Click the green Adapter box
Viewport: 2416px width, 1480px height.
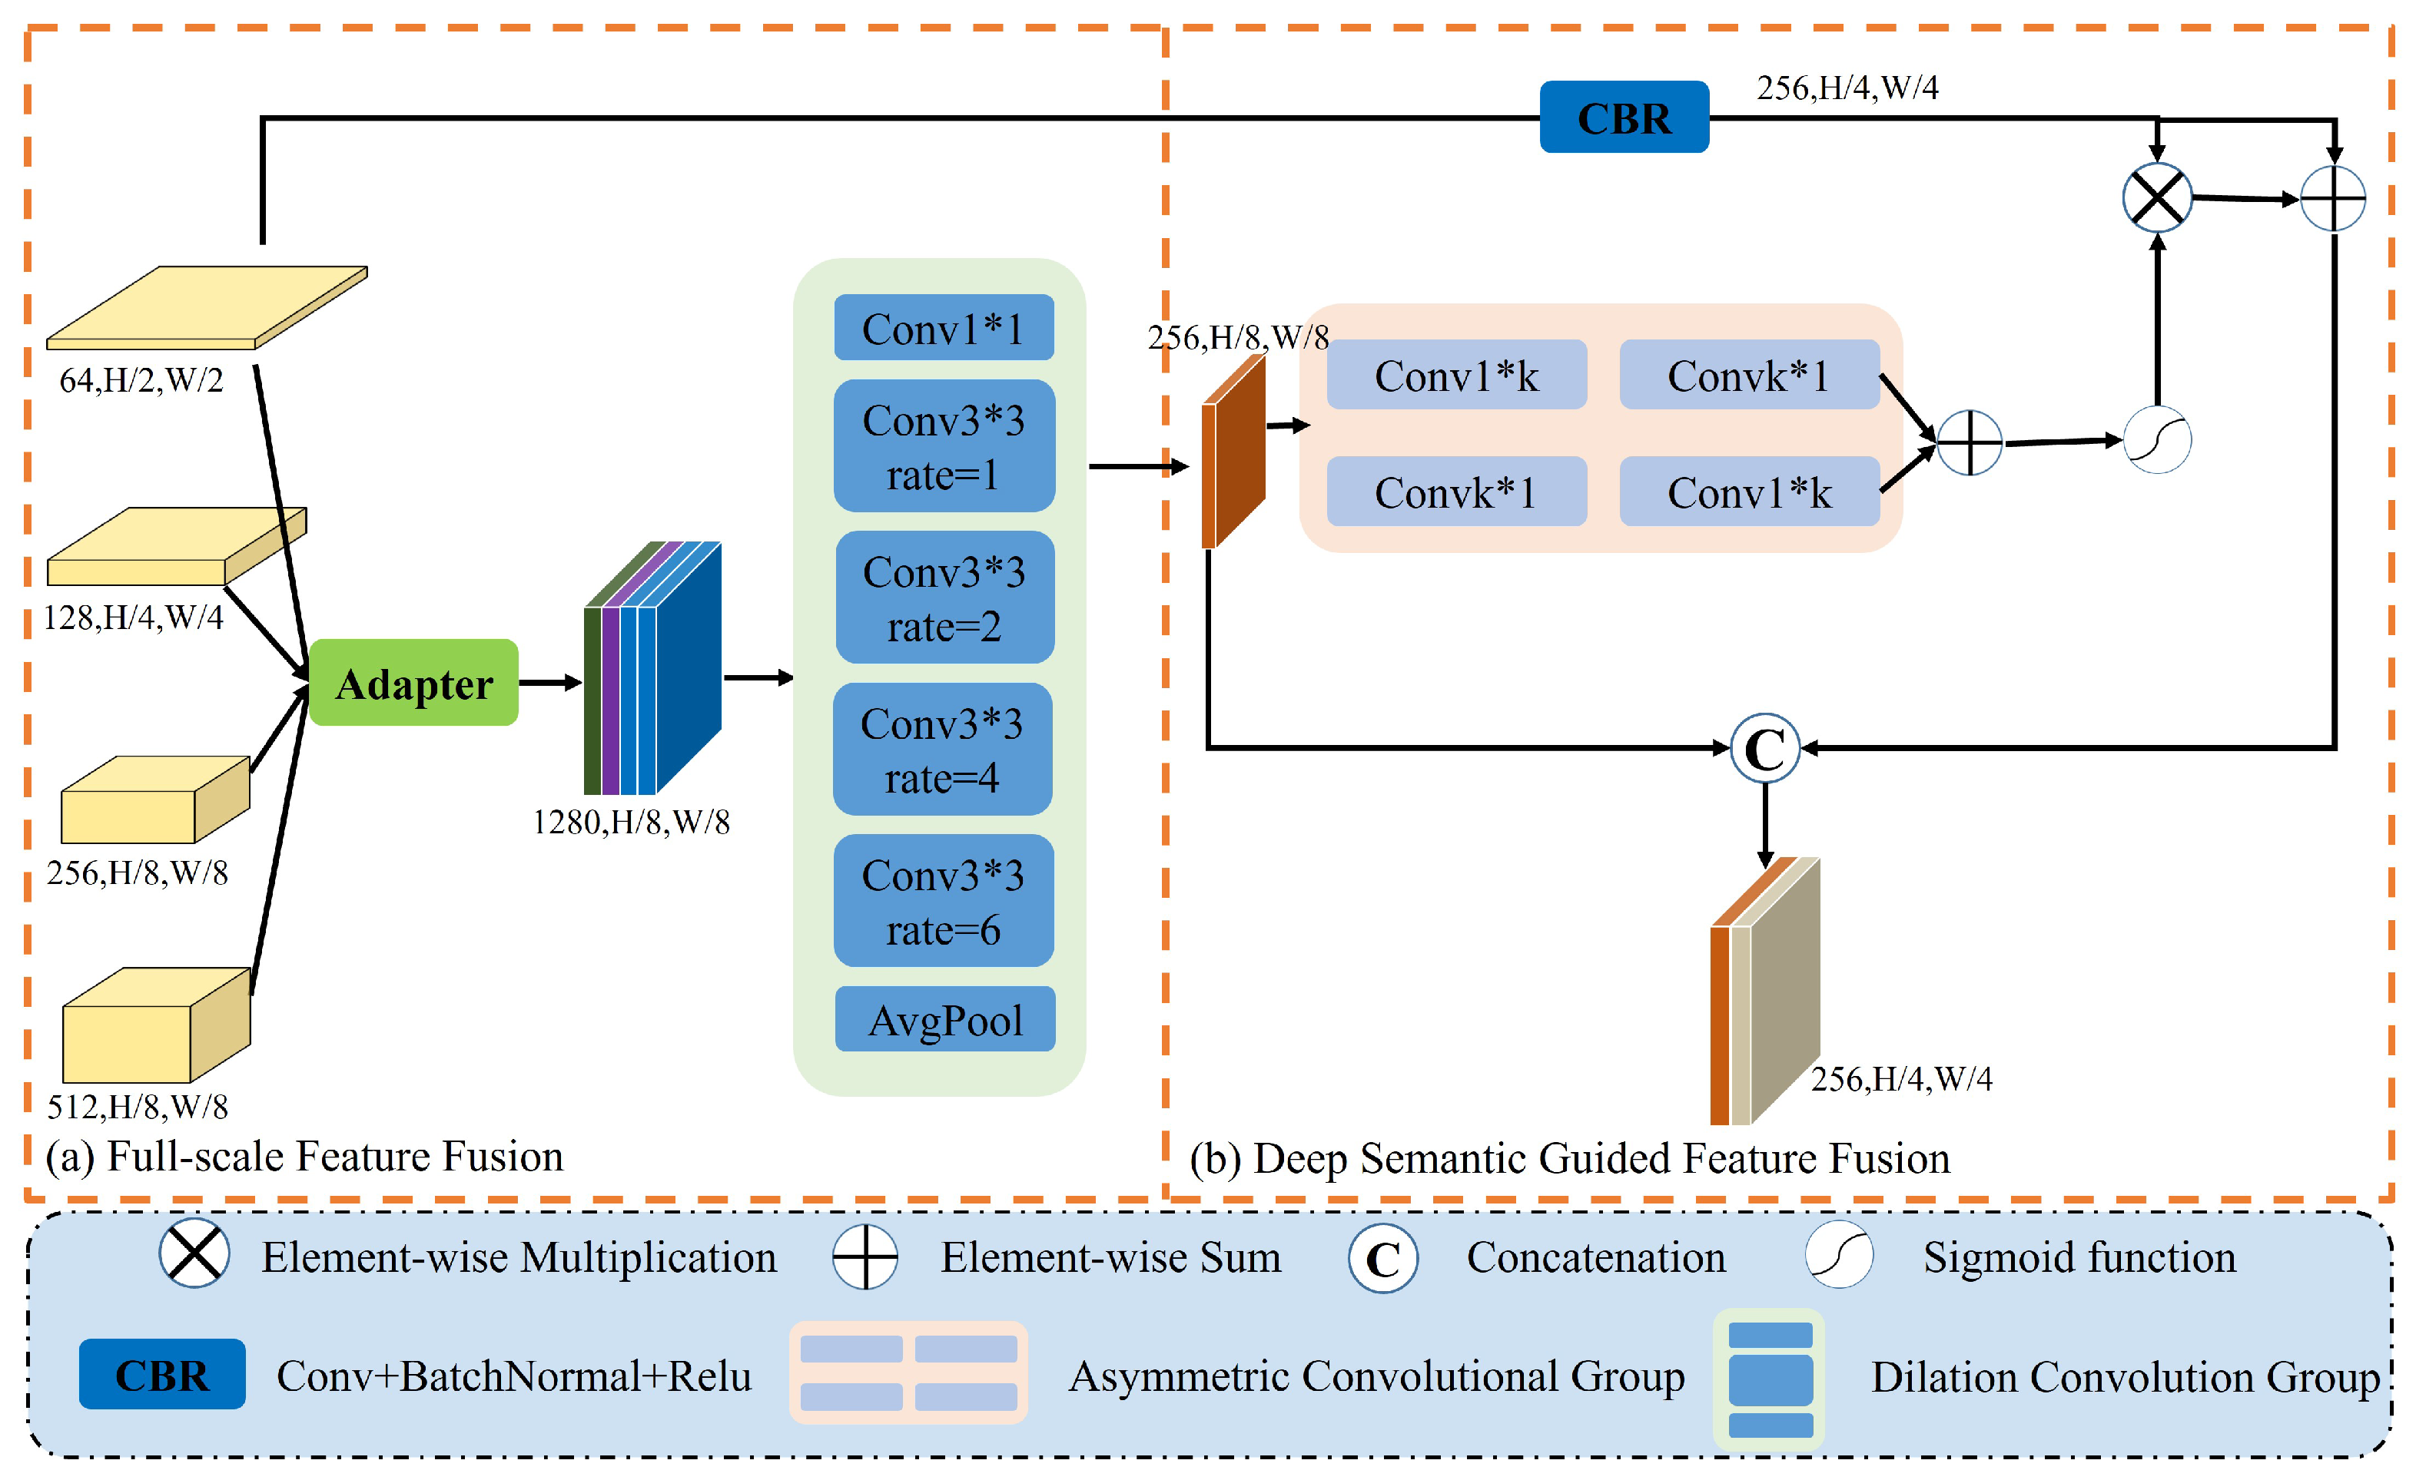tap(413, 683)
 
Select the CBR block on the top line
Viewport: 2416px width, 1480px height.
tap(1624, 118)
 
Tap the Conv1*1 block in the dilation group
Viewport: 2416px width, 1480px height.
tap(943, 329)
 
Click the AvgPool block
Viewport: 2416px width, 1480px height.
tap(944, 1019)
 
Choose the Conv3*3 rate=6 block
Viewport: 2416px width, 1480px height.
tap(942, 901)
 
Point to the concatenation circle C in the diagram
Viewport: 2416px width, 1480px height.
tap(1765, 749)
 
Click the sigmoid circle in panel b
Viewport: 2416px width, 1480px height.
tap(2156, 440)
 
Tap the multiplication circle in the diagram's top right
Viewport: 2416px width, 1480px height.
tap(2156, 198)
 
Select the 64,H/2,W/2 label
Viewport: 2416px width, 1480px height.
tap(141, 380)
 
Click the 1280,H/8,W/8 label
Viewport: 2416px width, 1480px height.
tap(630, 821)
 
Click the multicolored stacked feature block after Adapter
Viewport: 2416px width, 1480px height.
tap(652, 671)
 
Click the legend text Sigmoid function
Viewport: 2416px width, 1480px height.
tap(2079, 1257)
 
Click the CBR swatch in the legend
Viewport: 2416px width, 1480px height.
tap(162, 1374)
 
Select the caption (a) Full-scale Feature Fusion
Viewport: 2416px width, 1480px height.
tap(304, 1157)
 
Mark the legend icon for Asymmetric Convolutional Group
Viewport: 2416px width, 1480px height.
tap(908, 1372)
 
